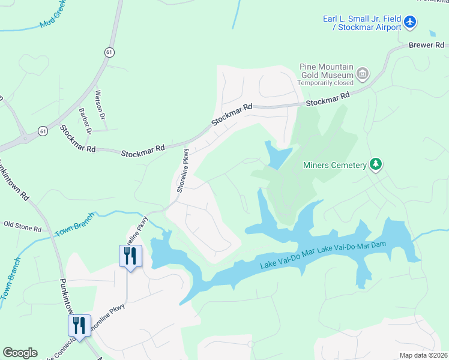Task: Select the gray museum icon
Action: point(362,74)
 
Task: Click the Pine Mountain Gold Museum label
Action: point(326,71)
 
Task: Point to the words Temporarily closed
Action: point(326,83)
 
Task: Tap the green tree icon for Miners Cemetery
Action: point(376,164)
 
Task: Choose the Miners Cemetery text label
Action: point(334,165)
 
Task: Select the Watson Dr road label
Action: point(100,104)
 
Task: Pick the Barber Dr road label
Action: point(85,121)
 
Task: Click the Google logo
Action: point(20,353)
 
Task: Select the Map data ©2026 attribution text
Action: point(423,355)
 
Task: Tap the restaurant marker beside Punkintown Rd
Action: point(79,326)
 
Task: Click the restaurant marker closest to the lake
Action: point(130,256)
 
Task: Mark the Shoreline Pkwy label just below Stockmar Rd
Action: point(183,171)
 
